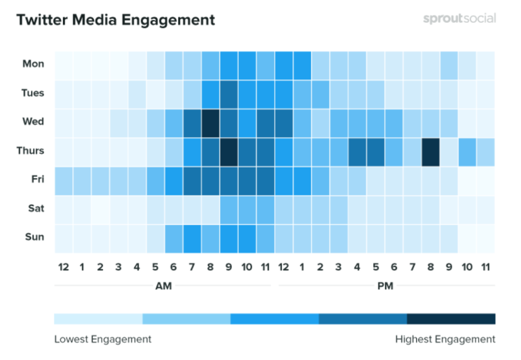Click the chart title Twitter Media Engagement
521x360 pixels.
pyautogui.click(x=115, y=20)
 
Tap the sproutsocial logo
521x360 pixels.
pyautogui.click(x=459, y=19)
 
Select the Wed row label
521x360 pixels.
pyautogui.click(x=34, y=122)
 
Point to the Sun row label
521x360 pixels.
pyautogui.click(x=35, y=237)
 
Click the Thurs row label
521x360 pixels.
pyautogui.click(x=30, y=151)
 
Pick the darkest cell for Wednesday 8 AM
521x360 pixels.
pyautogui.click(x=210, y=123)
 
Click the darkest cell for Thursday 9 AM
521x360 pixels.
pyautogui.click(x=228, y=152)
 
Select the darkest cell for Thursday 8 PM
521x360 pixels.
pyautogui.click(x=430, y=152)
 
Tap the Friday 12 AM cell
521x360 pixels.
pyautogui.click(x=63, y=181)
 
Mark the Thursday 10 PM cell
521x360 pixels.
pyautogui.click(x=467, y=152)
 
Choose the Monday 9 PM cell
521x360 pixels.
pyautogui.click(x=449, y=65)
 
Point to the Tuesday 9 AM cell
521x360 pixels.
pyautogui.click(x=228, y=94)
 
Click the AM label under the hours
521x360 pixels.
pyautogui.click(x=163, y=286)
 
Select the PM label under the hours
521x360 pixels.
pyautogui.click(x=385, y=286)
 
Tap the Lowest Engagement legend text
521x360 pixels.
pyautogui.click(x=103, y=339)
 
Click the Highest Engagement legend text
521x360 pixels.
pyautogui.click(x=445, y=339)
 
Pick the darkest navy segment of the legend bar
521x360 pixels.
pyautogui.click(x=451, y=319)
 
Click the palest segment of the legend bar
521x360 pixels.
pyautogui.click(x=98, y=319)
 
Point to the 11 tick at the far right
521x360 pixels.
pyautogui.click(x=485, y=267)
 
